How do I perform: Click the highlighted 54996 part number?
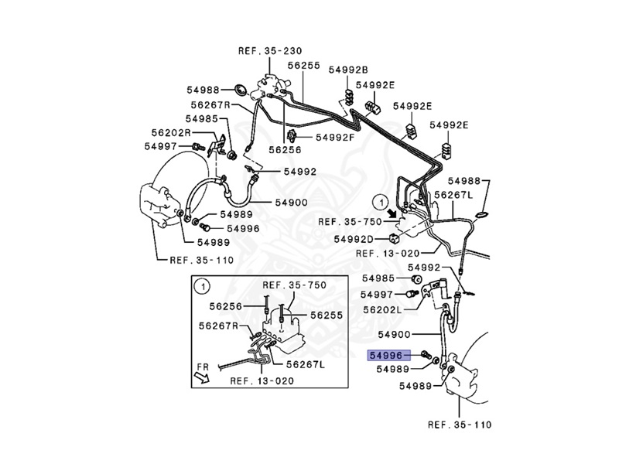click(385, 355)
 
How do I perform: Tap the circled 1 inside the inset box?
click(202, 285)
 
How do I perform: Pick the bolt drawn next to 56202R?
click(198, 145)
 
